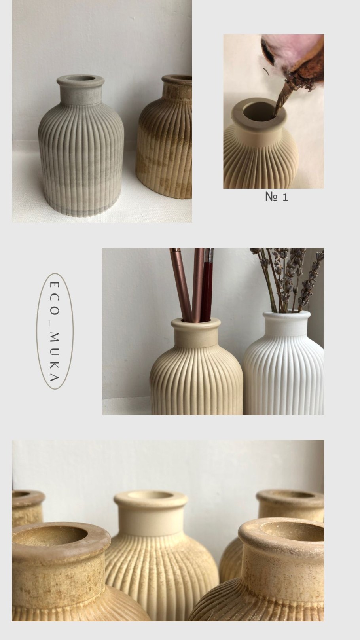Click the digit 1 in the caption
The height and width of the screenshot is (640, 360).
pyautogui.click(x=285, y=197)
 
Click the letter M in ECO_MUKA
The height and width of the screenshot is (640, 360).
pyautogui.click(x=54, y=337)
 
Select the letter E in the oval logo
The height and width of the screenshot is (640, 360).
pyautogui.click(x=54, y=285)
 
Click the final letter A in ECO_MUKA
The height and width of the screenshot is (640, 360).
pyautogui.click(x=54, y=378)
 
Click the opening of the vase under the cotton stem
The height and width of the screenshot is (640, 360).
pyautogui.click(x=259, y=111)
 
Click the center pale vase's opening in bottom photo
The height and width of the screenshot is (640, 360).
pyautogui.click(x=151, y=495)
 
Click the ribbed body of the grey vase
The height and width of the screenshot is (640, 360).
pyautogui.click(x=81, y=160)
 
